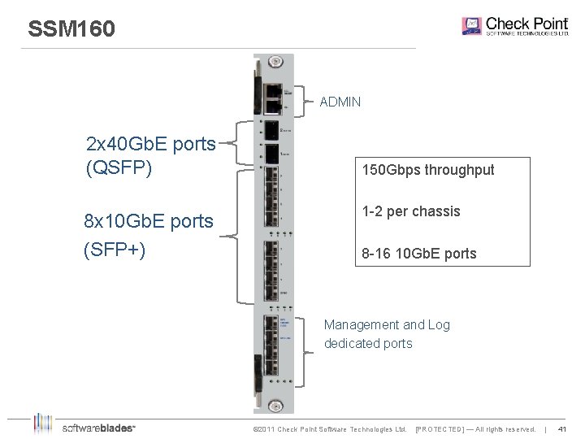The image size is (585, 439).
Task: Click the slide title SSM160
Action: (x=71, y=29)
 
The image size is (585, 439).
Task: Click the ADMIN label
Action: (x=340, y=102)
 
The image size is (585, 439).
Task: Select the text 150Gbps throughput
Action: (x=428, y=171)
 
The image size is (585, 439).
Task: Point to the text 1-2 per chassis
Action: (x=411, y=211)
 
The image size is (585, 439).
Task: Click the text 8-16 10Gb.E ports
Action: (x=419, y=254)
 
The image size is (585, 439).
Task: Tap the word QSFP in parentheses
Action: (x=119, y=171)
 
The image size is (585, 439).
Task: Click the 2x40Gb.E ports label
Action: (x=150, y=145)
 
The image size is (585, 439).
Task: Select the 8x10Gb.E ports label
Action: (x=149, y=221)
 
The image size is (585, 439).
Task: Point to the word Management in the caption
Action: (x=362, y=325)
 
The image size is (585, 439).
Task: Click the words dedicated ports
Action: (x=368, y=343)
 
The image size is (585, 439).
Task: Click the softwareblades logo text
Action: (x=98, y=428)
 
